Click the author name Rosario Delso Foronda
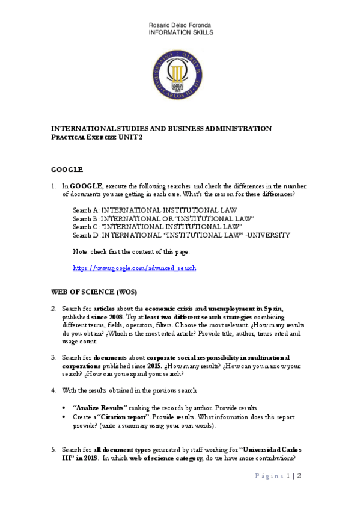click(x=180, y=24)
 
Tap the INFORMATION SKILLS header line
click(x=180, y=32)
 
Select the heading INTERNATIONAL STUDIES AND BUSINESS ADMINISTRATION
click(x=161, y=128)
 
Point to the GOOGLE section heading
click(x=67, y=170)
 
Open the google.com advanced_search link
click(x=135, y=268)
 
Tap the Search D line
click(x=182, y=235)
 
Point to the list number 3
click(x=53, y=357)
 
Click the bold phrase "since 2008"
click(x=108, y=316)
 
